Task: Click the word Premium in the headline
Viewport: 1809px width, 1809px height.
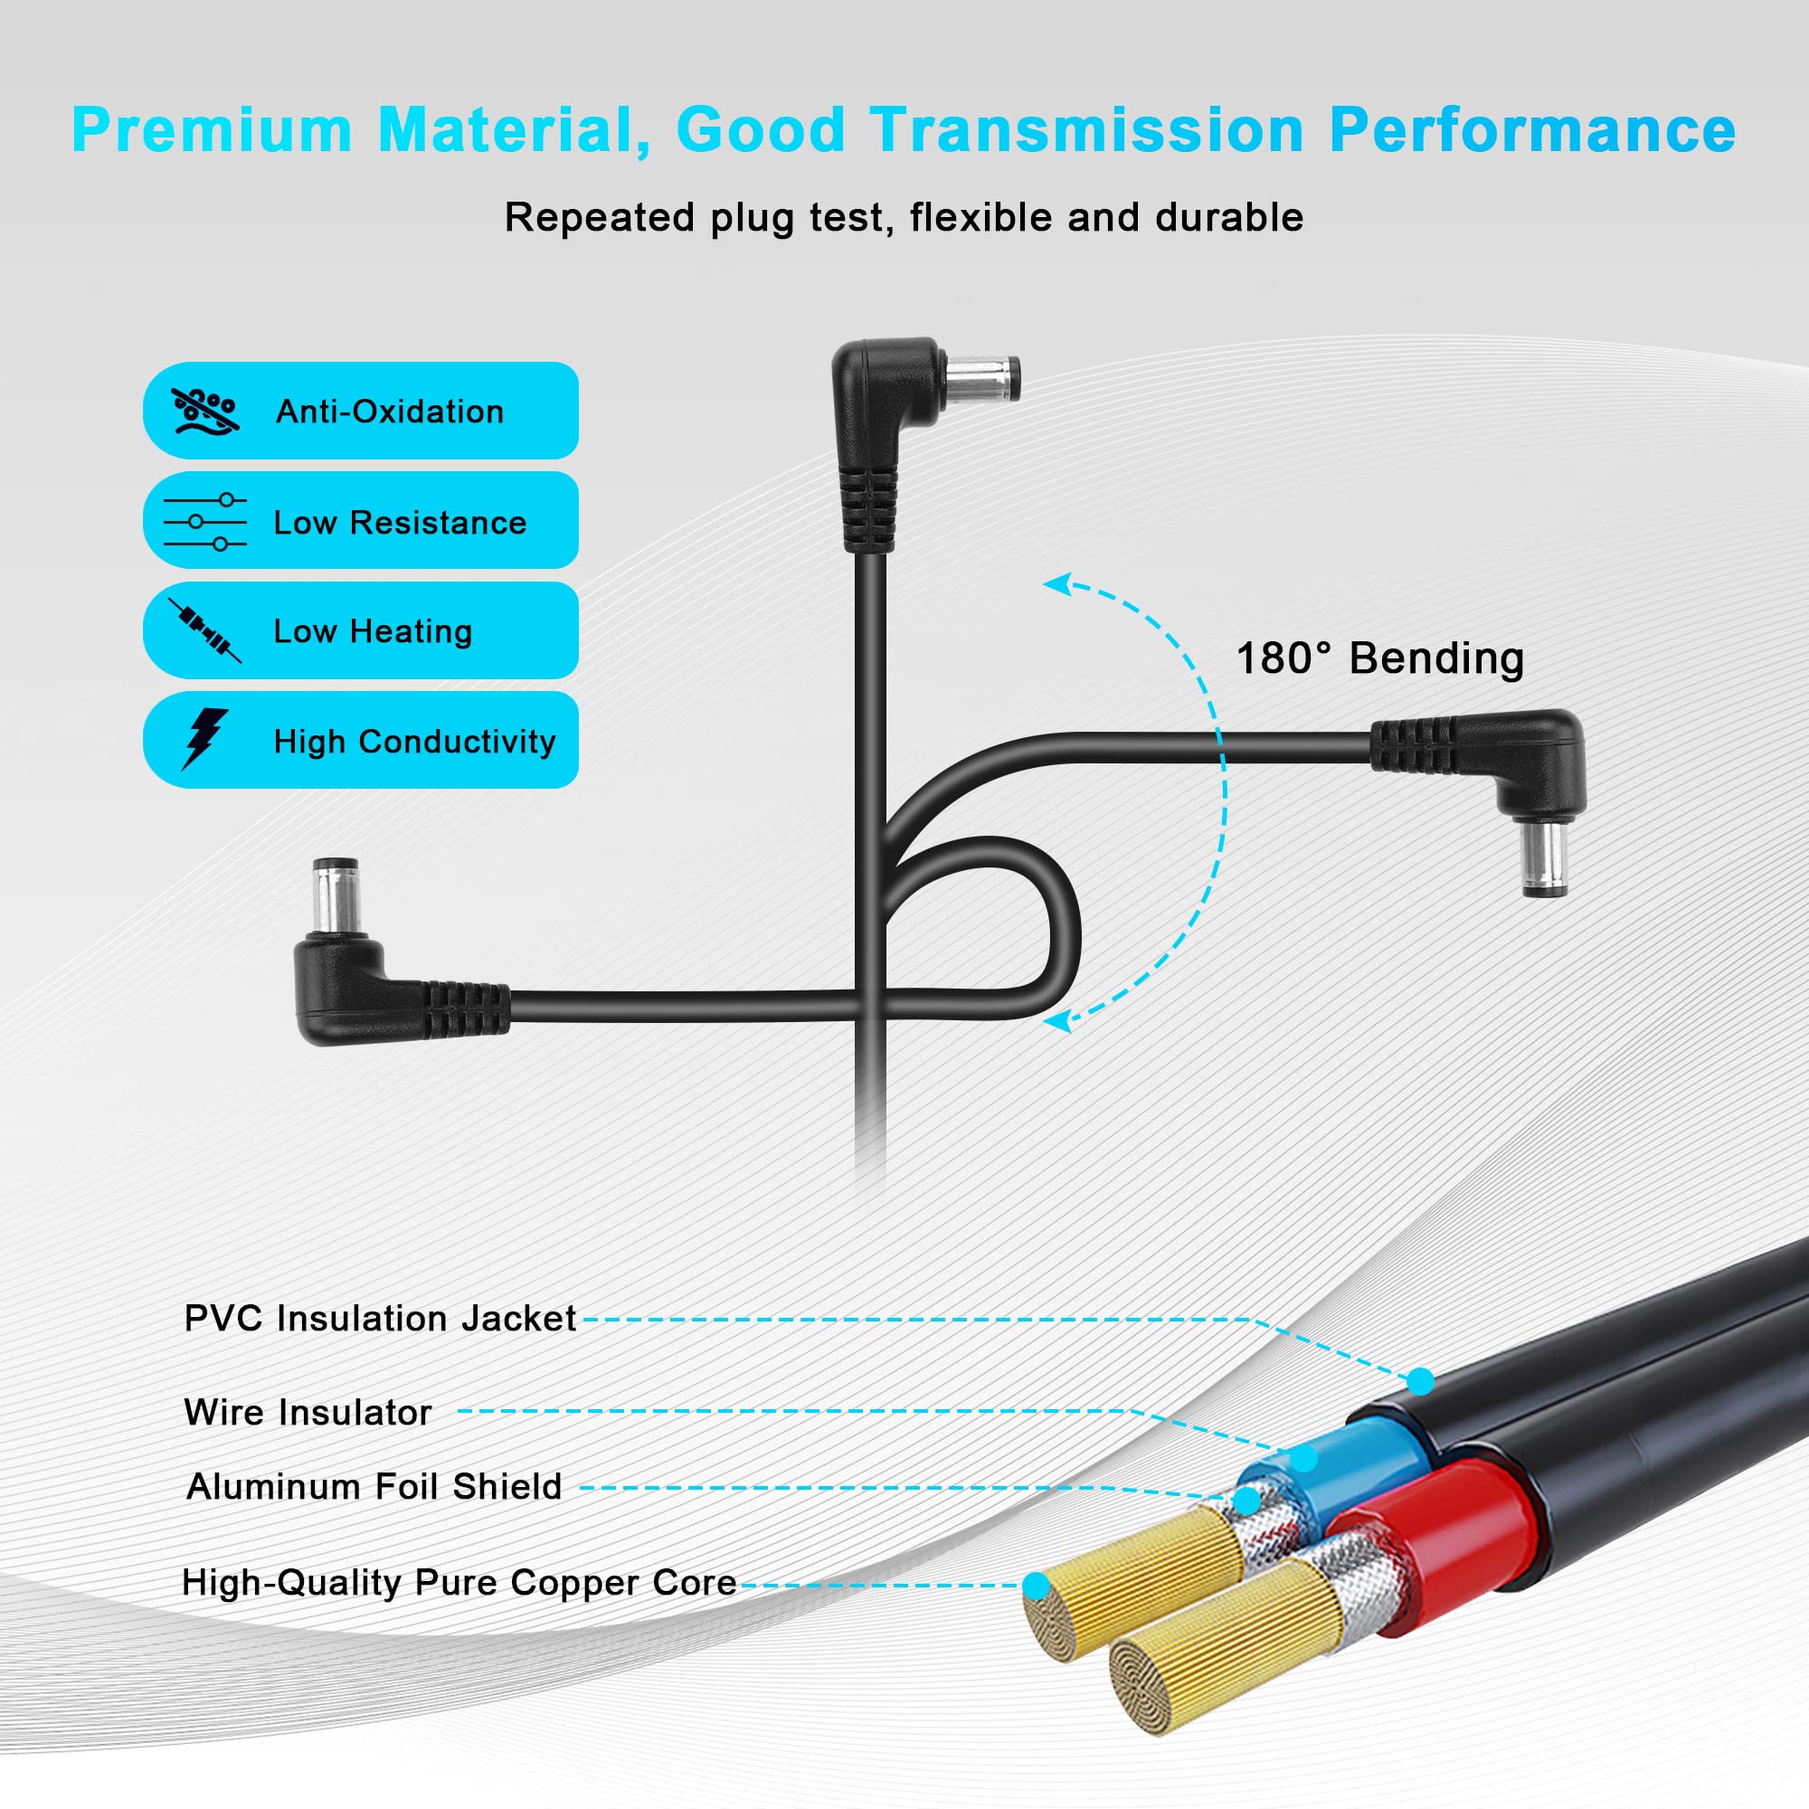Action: [212, 129]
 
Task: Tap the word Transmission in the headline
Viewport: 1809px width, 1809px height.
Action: [1087, 129]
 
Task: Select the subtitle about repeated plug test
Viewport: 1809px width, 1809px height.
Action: [904, 218]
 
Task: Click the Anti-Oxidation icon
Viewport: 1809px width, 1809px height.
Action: [206, 411]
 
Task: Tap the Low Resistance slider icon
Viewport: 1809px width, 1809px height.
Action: [205, 522]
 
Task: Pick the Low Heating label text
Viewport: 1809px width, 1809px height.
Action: [373, 631]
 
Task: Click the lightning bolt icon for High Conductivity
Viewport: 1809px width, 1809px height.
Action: [205, 739]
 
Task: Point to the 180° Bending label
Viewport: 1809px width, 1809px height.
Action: [1380, 658]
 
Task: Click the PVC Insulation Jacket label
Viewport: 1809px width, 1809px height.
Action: [380, 1319]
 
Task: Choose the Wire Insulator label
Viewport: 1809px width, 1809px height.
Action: [308, 1412]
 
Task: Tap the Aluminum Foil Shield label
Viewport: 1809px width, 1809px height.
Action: [374, 1486]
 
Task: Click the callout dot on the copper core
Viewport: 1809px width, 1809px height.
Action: [1037, 1586]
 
